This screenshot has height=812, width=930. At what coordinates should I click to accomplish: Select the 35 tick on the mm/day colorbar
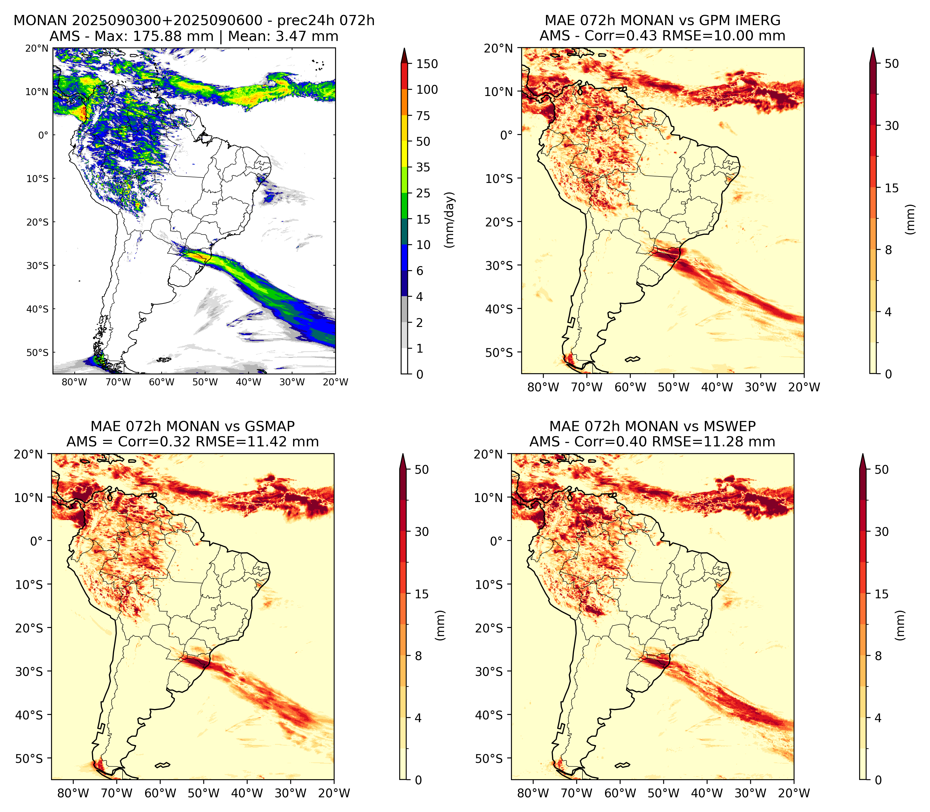(423, 167)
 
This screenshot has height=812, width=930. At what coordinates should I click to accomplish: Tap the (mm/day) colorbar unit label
(449, 220)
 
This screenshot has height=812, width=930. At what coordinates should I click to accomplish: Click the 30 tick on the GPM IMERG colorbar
(892, 126)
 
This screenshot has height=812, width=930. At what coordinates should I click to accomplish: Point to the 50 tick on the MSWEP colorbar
(881, 470)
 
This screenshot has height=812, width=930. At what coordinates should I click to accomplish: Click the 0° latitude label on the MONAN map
(43, 135)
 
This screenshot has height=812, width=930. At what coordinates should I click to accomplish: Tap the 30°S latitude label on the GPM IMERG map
(499, 265)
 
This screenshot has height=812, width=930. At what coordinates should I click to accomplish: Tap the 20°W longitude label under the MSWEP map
(794, 793)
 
